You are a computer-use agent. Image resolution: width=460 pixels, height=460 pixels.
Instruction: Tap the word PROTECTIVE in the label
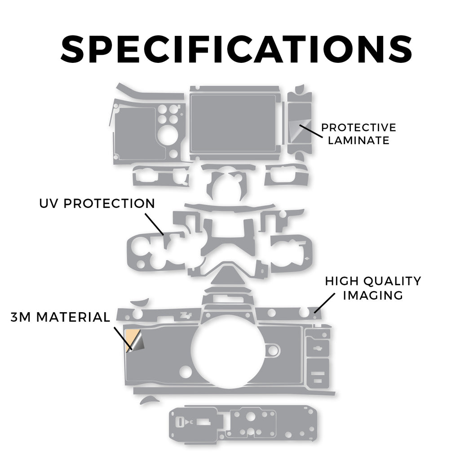[358, 128]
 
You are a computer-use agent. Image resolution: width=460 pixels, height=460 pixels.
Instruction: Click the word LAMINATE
[358, 140]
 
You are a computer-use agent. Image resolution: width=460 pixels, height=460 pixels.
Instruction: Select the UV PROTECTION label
[97, 203]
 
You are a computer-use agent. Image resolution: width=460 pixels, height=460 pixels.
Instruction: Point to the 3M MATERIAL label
[60, 317]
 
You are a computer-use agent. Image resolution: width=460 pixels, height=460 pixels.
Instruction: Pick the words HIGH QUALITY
[373, 281]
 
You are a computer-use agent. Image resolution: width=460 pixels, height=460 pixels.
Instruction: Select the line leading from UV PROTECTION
[155, 224]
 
